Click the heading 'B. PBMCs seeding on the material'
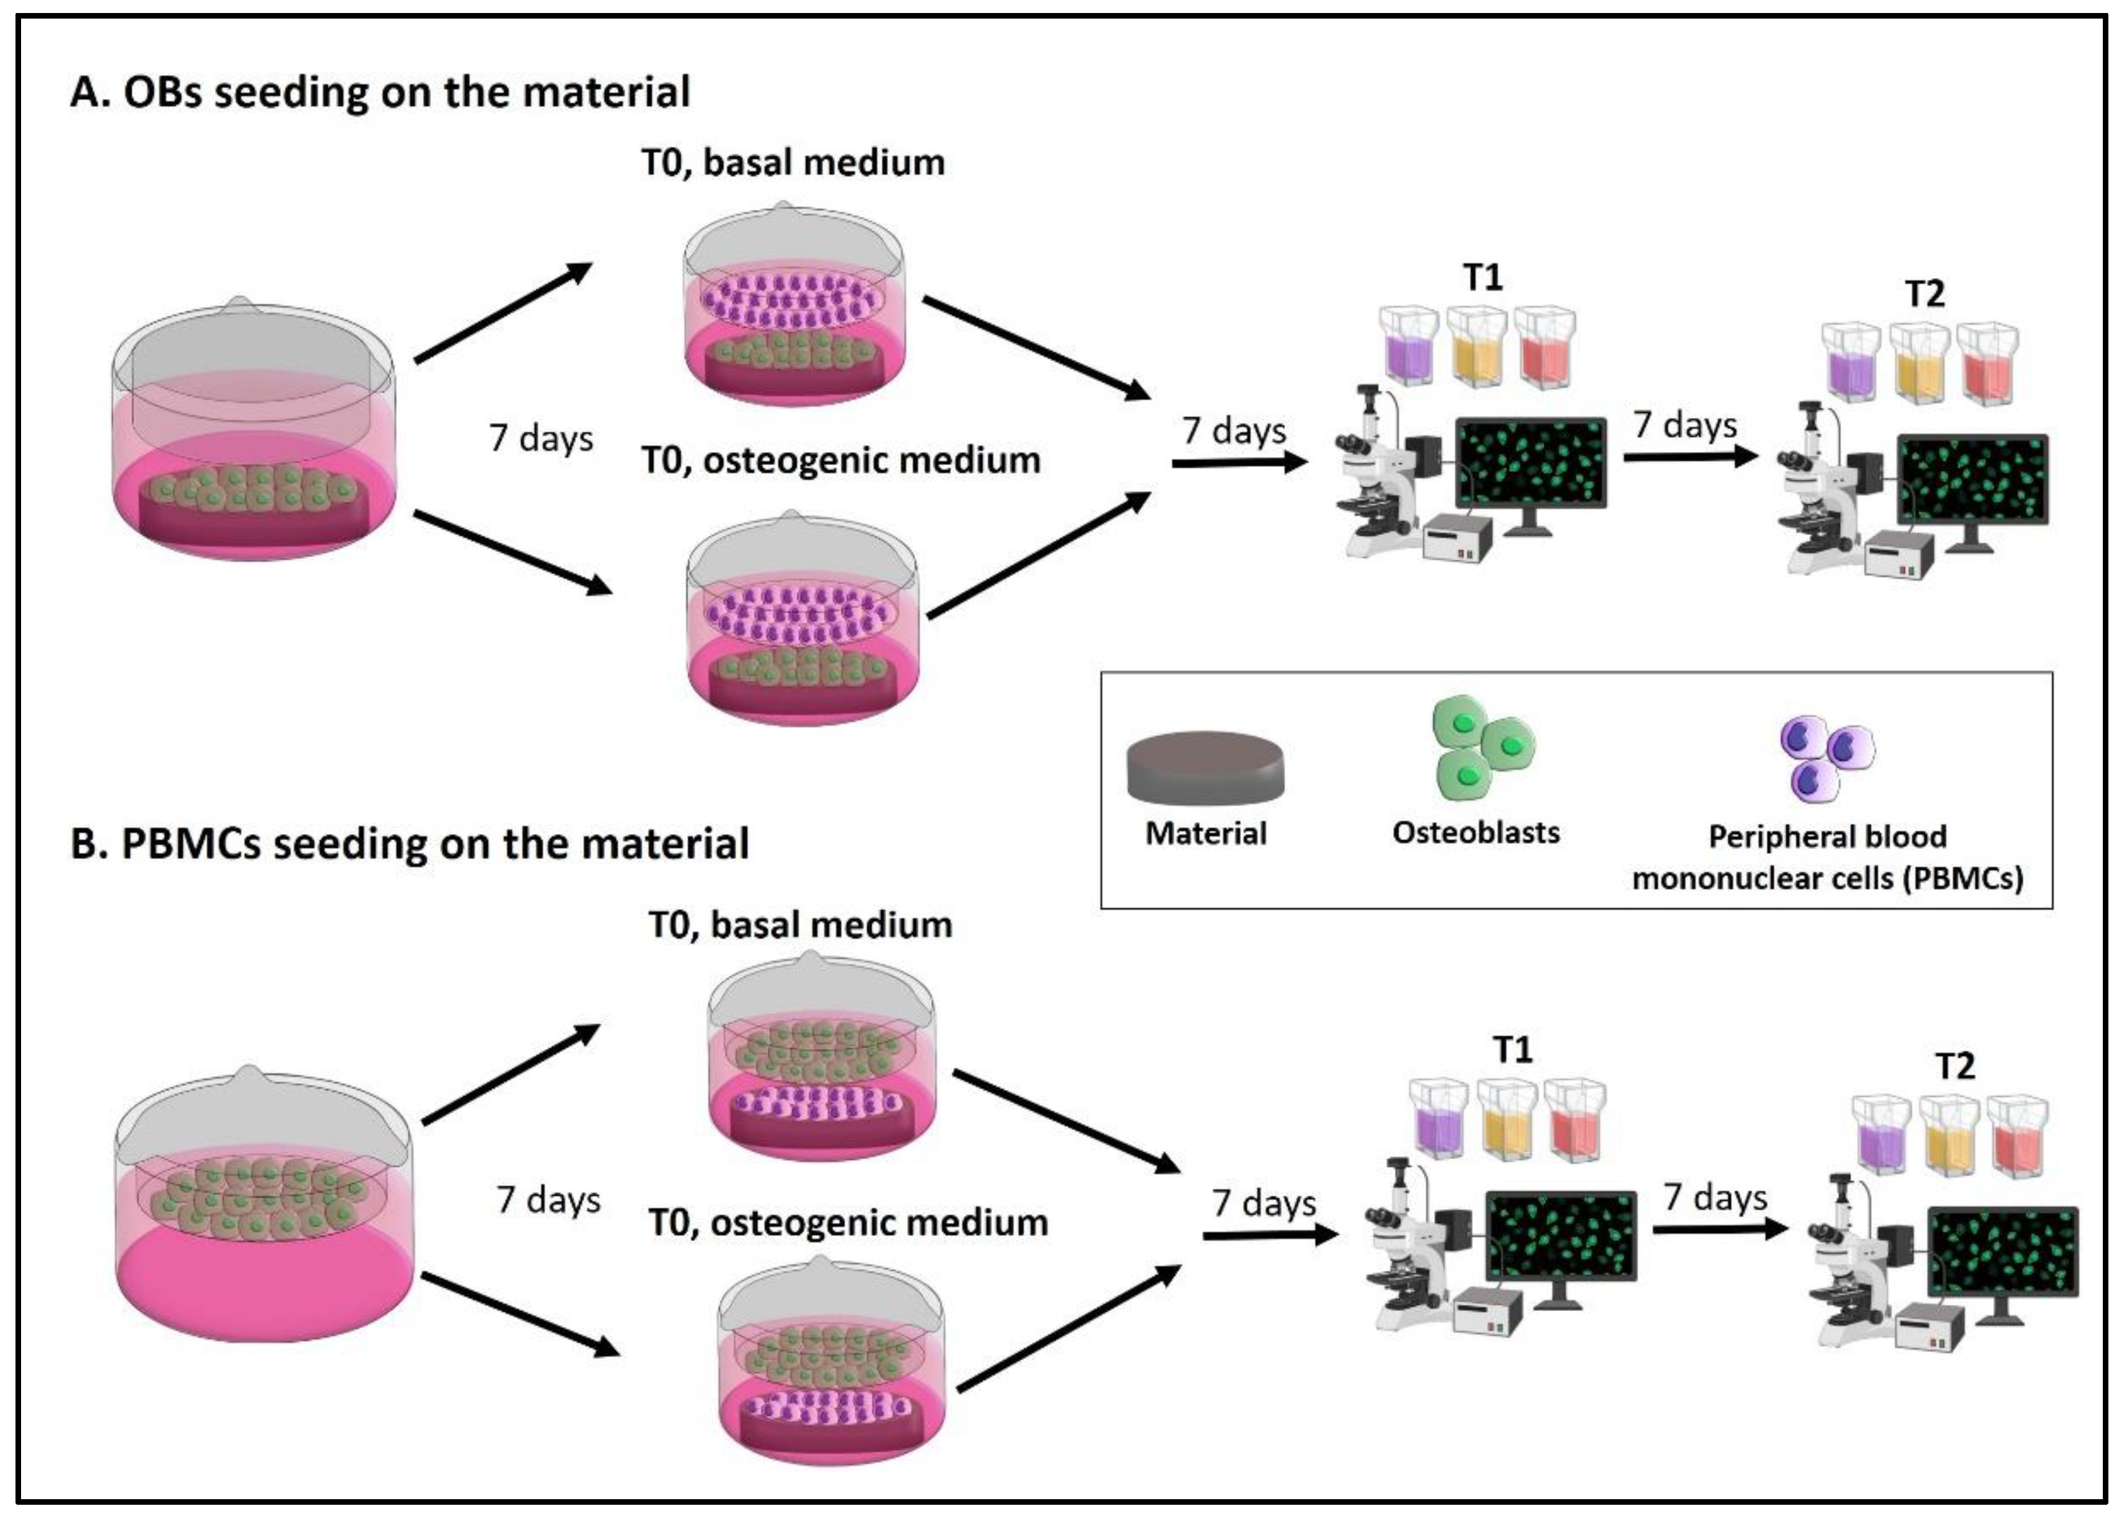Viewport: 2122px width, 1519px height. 410,843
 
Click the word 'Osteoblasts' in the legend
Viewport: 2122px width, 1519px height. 1476,832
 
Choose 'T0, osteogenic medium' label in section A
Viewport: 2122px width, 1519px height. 841,460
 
